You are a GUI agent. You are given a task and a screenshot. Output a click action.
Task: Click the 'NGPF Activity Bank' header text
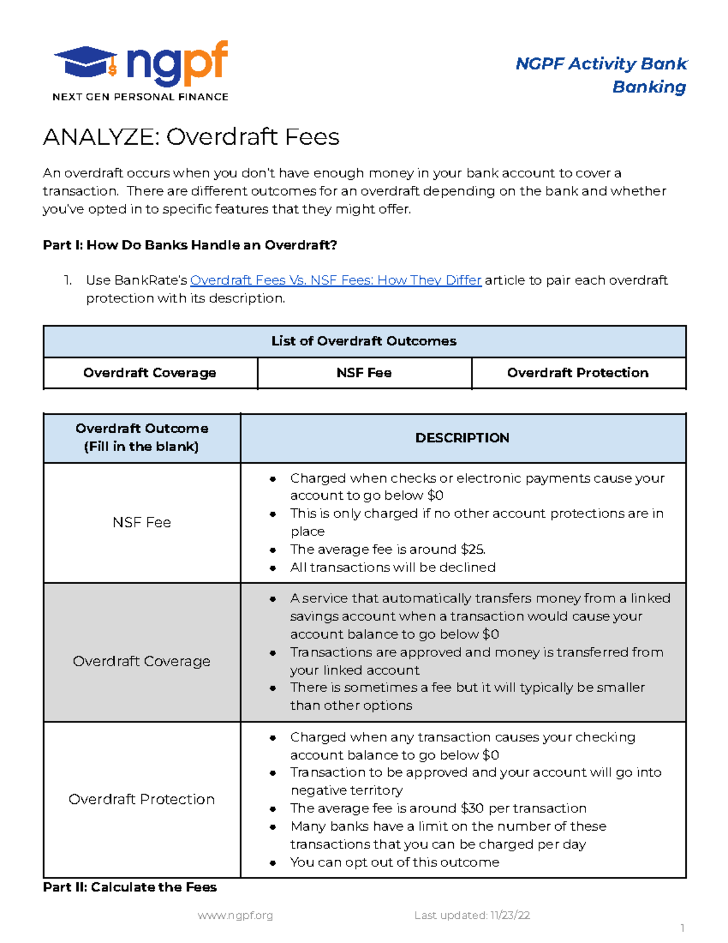(601, 64)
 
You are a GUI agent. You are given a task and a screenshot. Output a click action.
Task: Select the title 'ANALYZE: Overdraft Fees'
(191, 137)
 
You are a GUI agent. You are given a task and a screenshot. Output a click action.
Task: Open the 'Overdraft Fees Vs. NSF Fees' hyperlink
(335, 280)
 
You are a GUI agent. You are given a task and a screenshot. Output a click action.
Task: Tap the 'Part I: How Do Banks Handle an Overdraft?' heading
(190, 245)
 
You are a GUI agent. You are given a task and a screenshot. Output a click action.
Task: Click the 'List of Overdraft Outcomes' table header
(364, 341)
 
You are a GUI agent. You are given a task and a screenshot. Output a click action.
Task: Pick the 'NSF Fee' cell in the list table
(364, 373)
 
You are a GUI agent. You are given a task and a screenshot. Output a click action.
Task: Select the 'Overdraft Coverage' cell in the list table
(150, 373)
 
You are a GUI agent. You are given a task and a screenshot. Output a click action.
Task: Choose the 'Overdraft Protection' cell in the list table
(578, 373)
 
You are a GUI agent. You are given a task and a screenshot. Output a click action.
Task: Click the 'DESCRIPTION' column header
(462, 438)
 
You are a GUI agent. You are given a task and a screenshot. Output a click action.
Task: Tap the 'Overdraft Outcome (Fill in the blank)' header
(142, 438)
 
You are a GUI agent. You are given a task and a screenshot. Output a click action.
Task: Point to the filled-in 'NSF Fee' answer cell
(142, 522)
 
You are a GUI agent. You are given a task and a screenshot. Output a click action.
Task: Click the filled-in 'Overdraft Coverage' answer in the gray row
(142, 661)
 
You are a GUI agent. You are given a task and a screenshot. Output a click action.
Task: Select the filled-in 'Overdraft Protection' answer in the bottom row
(142, 799)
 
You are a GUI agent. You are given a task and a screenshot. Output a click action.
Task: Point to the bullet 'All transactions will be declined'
(393, 567)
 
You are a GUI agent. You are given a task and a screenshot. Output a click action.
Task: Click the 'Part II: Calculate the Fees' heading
(130, 887)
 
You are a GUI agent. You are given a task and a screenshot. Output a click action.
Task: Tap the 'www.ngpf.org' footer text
(235, 915)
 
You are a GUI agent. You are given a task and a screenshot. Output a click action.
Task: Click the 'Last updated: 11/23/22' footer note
(472, 915)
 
